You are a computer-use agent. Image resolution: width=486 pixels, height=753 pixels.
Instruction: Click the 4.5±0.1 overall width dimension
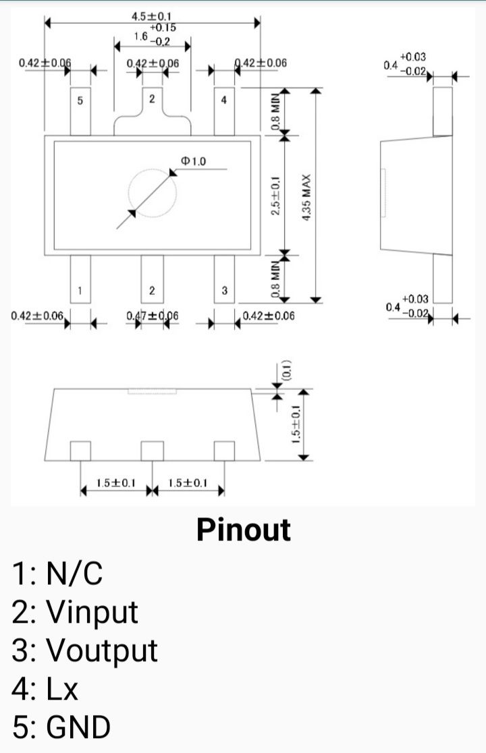point(152,17)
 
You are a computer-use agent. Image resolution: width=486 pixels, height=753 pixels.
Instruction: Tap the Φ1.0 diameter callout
point(193,161)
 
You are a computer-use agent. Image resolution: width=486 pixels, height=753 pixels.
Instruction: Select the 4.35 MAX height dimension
point(306,197)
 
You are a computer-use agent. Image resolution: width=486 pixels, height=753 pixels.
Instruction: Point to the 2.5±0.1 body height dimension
point(275,196)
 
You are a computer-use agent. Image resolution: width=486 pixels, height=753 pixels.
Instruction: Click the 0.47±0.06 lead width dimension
point(153,316)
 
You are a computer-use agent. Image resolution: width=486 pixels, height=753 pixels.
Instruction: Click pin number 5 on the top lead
point(80,101)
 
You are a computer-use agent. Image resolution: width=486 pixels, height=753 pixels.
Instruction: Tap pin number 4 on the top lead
point(224,100)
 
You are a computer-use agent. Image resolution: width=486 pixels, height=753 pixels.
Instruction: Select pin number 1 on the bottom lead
point(80,291)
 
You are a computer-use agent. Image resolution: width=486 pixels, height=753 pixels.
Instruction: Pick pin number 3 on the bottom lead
point(224,291)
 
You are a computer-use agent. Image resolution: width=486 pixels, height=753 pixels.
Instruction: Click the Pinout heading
point(244,530)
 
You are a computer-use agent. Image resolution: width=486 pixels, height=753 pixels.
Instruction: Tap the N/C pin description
point(74,573)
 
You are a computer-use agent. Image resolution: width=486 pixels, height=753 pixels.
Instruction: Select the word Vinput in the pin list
point(92,612)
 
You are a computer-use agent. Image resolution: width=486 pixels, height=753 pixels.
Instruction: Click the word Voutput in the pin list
point(101,650)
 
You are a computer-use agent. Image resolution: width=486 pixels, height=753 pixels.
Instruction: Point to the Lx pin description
point(61,689)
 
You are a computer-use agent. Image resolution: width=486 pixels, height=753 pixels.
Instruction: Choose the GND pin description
point(78,727)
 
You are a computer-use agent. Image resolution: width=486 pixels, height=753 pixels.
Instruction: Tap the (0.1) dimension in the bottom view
point(286,370)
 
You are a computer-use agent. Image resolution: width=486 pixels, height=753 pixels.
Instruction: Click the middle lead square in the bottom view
point(153,451)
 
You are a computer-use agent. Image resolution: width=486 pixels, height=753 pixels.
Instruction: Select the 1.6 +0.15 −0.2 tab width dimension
point(155,34)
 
